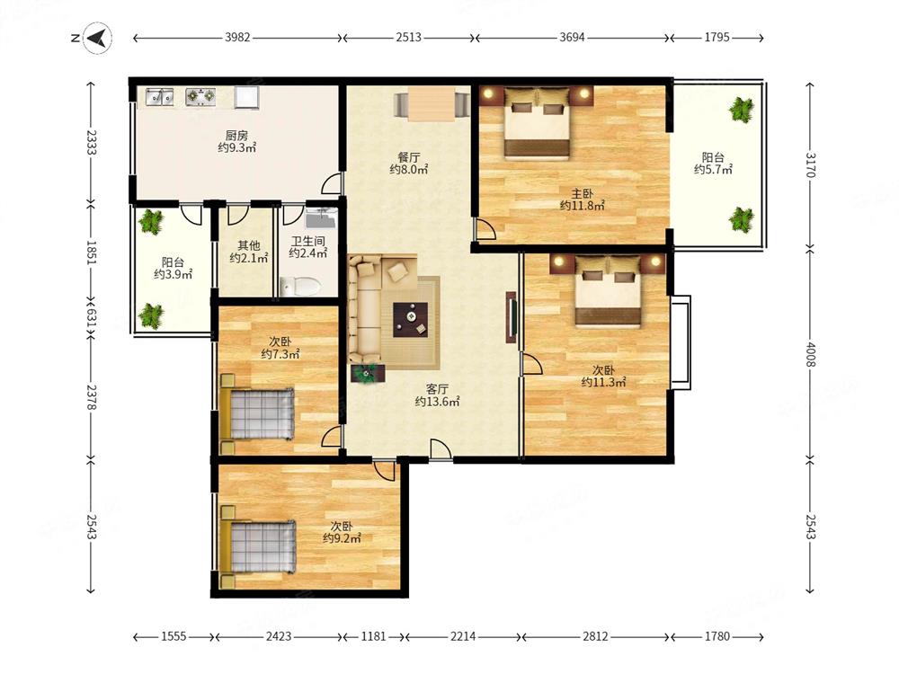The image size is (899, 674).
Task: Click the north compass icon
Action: pos(98,39)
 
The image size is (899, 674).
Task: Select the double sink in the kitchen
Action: pos(159,97)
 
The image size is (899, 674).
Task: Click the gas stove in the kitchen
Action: pos(200,97)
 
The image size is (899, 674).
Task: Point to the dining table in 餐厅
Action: pos(432,103)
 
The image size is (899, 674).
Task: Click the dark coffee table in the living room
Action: pos(411,320)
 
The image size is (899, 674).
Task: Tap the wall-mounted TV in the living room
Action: pos(512,317)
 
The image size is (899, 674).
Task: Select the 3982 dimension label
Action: pos(237,37)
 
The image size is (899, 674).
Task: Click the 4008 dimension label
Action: pos(810,355)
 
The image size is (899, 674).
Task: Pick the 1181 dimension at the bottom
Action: pos(373,636)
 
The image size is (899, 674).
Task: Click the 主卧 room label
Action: pos(582,194)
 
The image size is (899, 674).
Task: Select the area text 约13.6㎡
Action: pos(438,402)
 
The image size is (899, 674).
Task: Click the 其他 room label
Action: pos(249,245)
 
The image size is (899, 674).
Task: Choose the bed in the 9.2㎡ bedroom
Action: pos(259,546)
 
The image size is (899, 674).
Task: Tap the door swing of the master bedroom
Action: pos(485,229)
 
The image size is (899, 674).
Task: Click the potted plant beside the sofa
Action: pos(368,373)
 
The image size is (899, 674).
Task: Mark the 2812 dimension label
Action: pos(595,636)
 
